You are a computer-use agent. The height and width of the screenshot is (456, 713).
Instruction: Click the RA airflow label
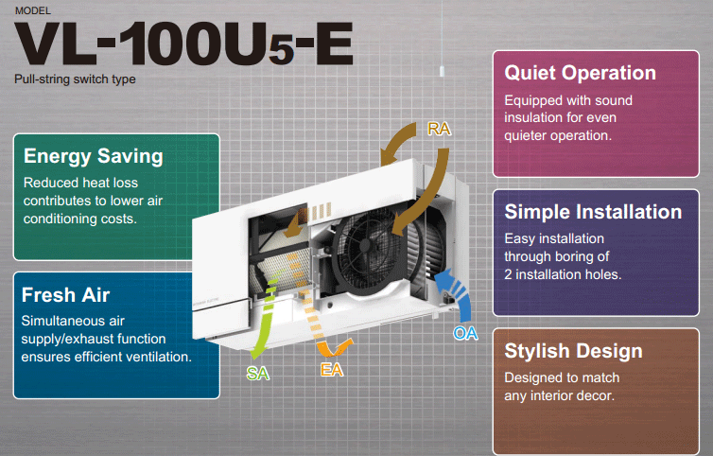click(x=439, y=129)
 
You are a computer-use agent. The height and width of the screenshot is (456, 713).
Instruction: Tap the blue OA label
click(x=465, y=333)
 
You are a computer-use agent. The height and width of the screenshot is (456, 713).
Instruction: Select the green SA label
click(x=258, y=374)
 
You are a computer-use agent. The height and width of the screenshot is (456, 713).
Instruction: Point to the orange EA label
click(x=332, y=370)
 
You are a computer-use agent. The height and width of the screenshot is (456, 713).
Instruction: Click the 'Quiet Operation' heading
click(x=581, y=73)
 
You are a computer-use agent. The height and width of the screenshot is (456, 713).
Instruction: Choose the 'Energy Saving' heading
click(x=94, y=156)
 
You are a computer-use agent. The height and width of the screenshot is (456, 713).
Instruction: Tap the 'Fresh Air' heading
click(x=65, y=295)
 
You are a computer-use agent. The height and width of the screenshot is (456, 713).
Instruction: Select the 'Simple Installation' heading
click(x=593, y=212)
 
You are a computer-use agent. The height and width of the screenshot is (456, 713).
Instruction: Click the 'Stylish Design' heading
click(x=573, y=351)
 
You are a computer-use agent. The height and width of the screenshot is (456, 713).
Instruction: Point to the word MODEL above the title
click(x=33, y=10)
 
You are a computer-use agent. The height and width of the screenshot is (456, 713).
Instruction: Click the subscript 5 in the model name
click(x=282, y=50)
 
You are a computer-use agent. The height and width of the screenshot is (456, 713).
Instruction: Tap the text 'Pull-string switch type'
click(x=75, y=79)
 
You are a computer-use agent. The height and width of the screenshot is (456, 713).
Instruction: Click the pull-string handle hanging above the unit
click(x=442, y=71)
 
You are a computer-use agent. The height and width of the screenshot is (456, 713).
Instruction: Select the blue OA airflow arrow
click(x=460, y=291)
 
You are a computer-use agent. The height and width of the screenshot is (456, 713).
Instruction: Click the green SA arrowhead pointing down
click(x=259, y=352)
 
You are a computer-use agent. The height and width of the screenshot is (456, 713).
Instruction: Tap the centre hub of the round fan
click(x=366, y=246)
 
